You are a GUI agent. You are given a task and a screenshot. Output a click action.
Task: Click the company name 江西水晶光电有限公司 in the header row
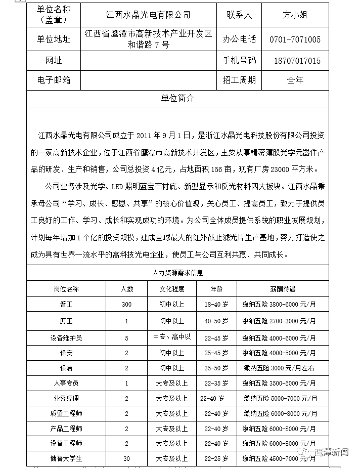(x=148, y=15)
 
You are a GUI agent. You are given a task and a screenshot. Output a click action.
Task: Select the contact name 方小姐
(x=295, y=15)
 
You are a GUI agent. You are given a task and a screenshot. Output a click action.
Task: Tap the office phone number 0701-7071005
(x=295, y=39)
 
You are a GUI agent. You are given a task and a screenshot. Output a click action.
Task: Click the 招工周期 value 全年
(x=295, y=80)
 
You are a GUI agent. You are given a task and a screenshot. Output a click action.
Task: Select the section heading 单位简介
(x=177, y=99)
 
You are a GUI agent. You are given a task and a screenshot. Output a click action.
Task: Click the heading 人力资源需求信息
(x=177, y=273)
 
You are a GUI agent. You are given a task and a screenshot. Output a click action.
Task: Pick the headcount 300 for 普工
(x=126, y=305)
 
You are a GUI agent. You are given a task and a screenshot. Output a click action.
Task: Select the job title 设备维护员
(x=66, y=337)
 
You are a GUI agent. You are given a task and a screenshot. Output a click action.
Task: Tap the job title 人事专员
(x=66, y=383)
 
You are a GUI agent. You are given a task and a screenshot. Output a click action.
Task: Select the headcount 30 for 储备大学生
(x=126, y=459)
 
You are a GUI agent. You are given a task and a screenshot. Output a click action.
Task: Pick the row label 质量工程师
(x=66, y=413)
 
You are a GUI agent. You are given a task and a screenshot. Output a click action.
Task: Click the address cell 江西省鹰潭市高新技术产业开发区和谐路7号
(x=148, y=39)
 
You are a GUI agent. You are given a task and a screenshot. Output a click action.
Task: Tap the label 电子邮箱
(x=54, y=80)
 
